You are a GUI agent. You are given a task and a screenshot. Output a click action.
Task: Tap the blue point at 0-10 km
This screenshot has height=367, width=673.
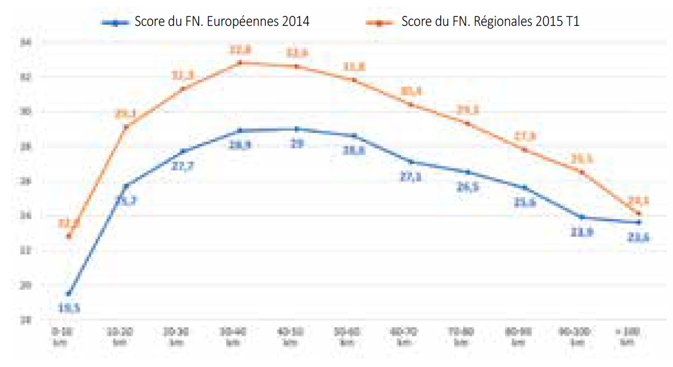pyautogui.click(x=69, y=294)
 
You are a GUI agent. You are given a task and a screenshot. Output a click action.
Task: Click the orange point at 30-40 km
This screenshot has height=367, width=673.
pyautogui.click(x=239, y=62)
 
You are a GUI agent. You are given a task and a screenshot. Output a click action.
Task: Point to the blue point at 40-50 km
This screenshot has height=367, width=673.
pyautogui.click(x=297, y=129)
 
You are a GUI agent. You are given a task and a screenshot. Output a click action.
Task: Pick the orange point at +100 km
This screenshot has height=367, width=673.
pyautogui.click(x=639, y=214)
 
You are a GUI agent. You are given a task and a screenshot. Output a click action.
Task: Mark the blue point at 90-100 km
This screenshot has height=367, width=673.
pyautogui.click(x=582, y=217)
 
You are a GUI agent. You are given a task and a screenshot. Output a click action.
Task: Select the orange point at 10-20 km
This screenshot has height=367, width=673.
pyautogui.click(x=126, y=127)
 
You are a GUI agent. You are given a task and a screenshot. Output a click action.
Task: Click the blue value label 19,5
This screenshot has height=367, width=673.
pyautogui.click(x=69, y=308)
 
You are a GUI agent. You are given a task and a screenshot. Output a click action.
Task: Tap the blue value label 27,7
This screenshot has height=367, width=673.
pyautogui.click(x=182, y=165)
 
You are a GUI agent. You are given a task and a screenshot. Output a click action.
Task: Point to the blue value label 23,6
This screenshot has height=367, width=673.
pyautogui.click(x=639, y=238)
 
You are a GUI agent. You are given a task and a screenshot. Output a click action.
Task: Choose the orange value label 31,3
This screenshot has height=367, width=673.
pyautogui.click(x=183, y=76)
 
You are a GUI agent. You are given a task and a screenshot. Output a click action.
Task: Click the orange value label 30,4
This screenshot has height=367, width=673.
pyautogui.click(x=410, y=91)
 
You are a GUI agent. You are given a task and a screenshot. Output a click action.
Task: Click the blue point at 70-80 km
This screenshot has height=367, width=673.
pyautogui.click(x=468, y=172)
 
